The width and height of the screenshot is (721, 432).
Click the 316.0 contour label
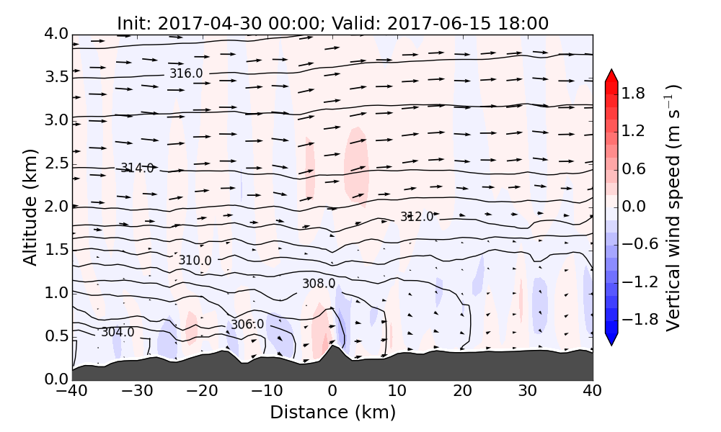tap(186, 73)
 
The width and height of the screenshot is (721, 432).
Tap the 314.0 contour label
tap(137, 168)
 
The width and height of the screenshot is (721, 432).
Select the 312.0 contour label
tap(417, 217)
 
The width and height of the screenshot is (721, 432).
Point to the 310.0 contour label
tap(195, 260)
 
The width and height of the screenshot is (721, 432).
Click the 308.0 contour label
tap(318, 284)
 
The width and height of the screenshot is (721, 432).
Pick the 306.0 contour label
tap(247, 325)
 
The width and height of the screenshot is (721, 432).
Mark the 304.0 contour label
tap(117, 332)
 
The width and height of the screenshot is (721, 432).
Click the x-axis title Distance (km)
tap(332, 413)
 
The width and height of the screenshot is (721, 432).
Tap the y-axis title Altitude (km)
tap(30, 207)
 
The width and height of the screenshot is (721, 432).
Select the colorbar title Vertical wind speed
tap(673, 207)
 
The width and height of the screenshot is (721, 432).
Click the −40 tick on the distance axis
tap(72, 392)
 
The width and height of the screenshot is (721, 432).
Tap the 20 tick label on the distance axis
tap(462, 392)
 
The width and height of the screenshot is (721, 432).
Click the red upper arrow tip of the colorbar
tap(611, 74)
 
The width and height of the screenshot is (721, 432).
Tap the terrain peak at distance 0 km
tap(332, 348)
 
